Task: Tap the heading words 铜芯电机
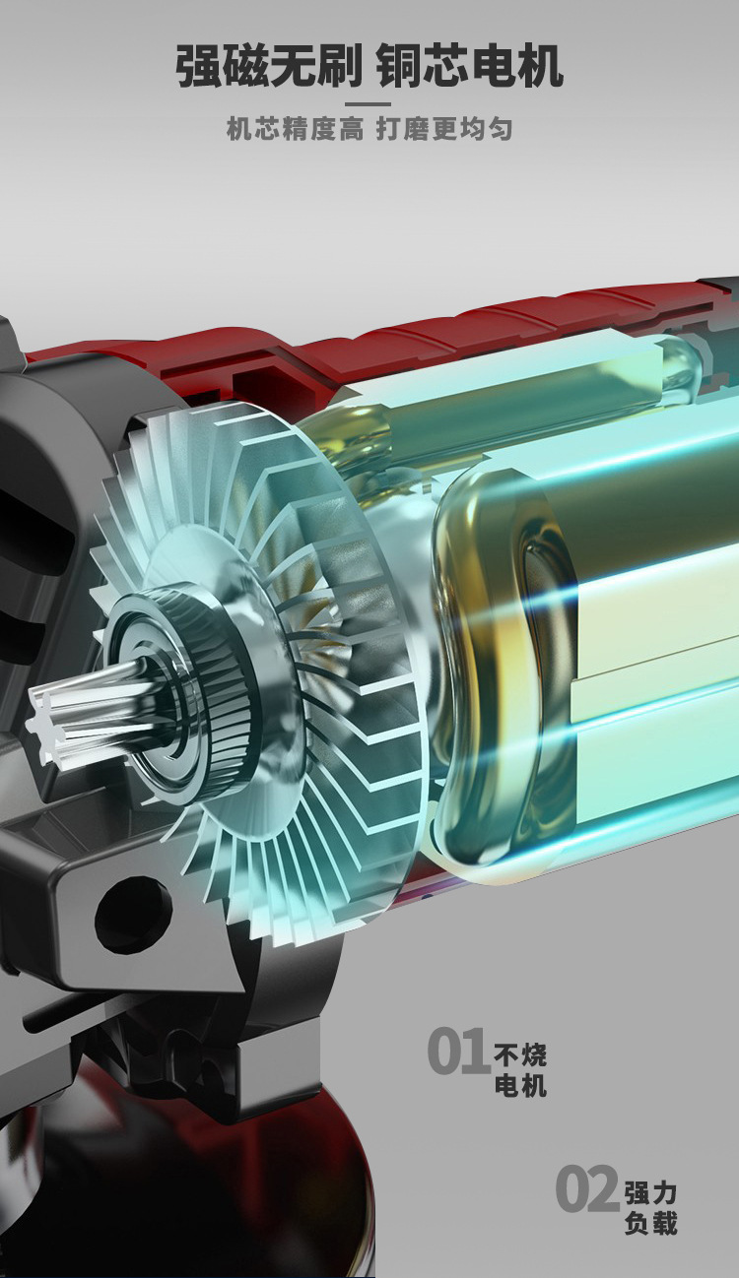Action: (470, 67)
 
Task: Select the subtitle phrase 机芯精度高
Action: (295, 130)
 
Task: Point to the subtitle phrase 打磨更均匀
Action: (443, 130)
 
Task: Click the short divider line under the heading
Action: (369, 104)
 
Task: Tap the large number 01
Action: (457, 1052)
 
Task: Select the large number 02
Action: (587, 1189)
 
